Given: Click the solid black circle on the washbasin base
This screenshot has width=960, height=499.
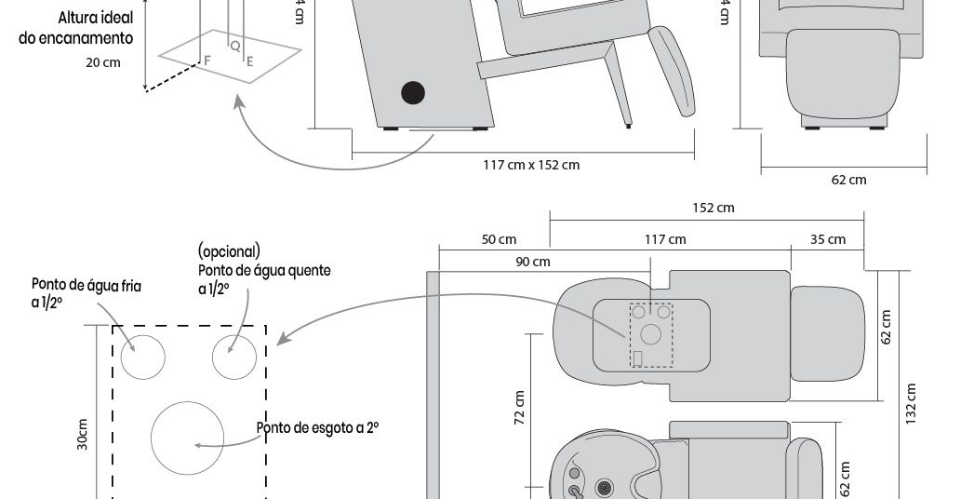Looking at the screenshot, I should [412, 92].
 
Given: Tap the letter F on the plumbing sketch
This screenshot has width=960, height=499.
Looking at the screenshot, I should [207, 59].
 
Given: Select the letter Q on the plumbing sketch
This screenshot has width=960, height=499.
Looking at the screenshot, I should [234, 45].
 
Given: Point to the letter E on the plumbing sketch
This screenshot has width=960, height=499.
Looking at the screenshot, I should [249, 61].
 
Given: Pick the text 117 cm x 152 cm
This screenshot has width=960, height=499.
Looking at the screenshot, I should [531, 165].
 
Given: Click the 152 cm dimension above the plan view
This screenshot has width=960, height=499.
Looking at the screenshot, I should [713, 208].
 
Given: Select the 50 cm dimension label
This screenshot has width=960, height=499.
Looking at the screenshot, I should [500, 239].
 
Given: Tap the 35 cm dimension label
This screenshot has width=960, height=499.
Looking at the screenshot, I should [828, 239].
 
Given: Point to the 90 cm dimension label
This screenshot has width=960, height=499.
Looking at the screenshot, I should [533, 262].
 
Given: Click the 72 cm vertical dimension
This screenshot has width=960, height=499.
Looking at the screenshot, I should [520, 407].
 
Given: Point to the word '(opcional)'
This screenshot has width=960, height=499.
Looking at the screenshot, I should [229, 252].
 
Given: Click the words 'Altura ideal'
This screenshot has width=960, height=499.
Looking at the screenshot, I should [96, 19].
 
